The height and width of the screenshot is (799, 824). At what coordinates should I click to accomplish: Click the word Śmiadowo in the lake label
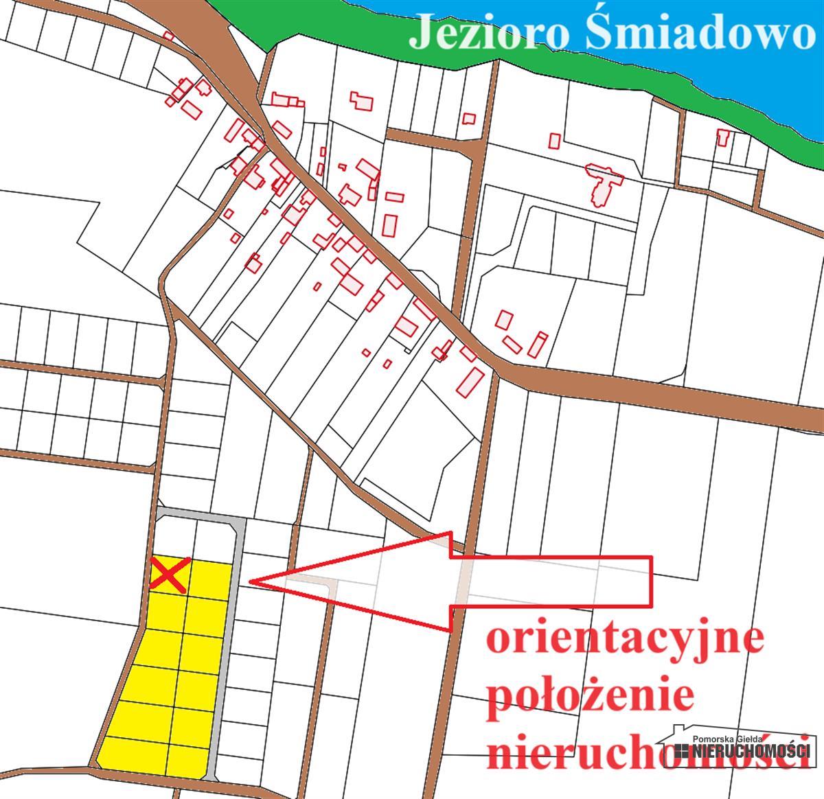(695, 34)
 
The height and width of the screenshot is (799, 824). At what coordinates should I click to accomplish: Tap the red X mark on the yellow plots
(168, 575)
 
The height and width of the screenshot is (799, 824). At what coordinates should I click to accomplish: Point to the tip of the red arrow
(251, 582)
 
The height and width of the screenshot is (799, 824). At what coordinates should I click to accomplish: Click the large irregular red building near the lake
(604, 183)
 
